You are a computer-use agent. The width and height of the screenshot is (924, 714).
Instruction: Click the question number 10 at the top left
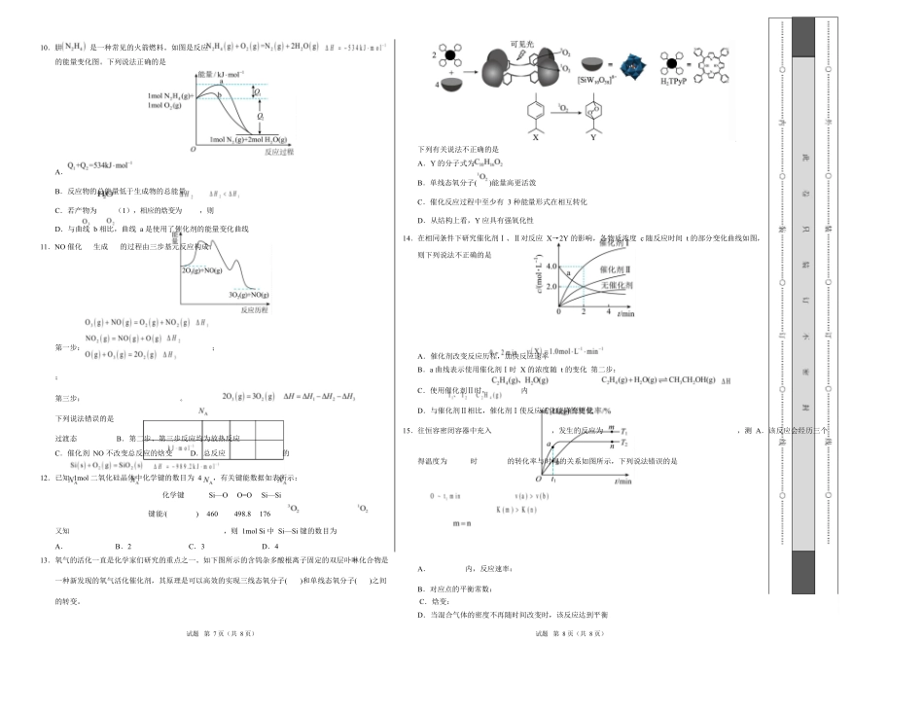coord(44,47)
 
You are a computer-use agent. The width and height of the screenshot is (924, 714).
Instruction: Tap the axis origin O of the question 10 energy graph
coord(193,151)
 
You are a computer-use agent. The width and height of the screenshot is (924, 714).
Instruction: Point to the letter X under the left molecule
coord(535,138)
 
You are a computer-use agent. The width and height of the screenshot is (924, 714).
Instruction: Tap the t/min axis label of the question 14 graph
coord(626,314)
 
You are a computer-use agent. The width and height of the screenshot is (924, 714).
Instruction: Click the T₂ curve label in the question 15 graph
coord(623,444)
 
